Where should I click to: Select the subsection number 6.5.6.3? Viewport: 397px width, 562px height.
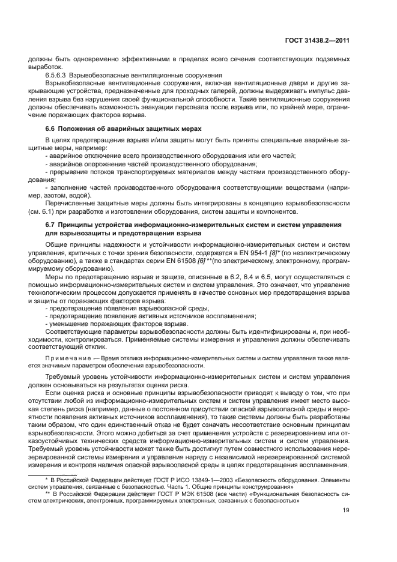coord(57,75)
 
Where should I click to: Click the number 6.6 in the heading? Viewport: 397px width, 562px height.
coord(51,129)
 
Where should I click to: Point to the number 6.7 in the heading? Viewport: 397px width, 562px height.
coord(51,225)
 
